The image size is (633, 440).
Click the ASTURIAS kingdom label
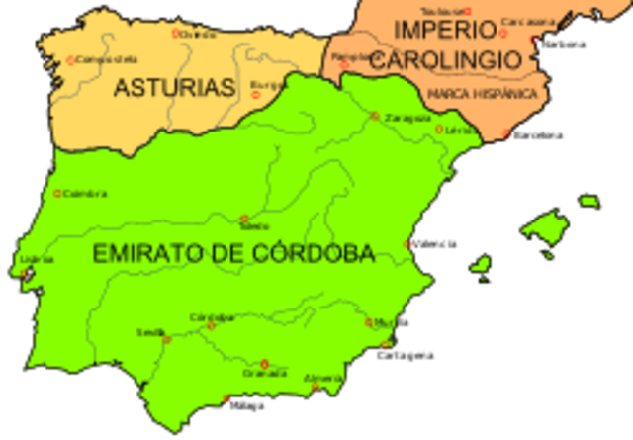pyautogui.click(x=174, y=88)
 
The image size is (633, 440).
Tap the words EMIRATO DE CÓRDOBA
pyautogui.click(x=233, y=254)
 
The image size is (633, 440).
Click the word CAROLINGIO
pyautogui.click(x=445, y=59)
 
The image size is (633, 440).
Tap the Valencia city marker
pyautogui.click(x=407, y=243)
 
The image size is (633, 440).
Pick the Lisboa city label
pyautogui.click(x=37, y=259)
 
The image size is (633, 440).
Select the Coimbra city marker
pyautogui.click(x=57, y=193)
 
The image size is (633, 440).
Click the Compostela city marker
pyautogui.click(x=70, y=60)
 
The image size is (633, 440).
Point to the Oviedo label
pyautogui.click(x=198, y=34)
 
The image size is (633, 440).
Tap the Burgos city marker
pyautogui.click(x=256, y=95)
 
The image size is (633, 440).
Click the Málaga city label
pyautogui.click(x=246, y=405)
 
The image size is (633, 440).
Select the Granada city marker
pyautogui.click(x=264, y=363)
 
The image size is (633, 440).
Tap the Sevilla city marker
pyautogui.click(x=166, y=339)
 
